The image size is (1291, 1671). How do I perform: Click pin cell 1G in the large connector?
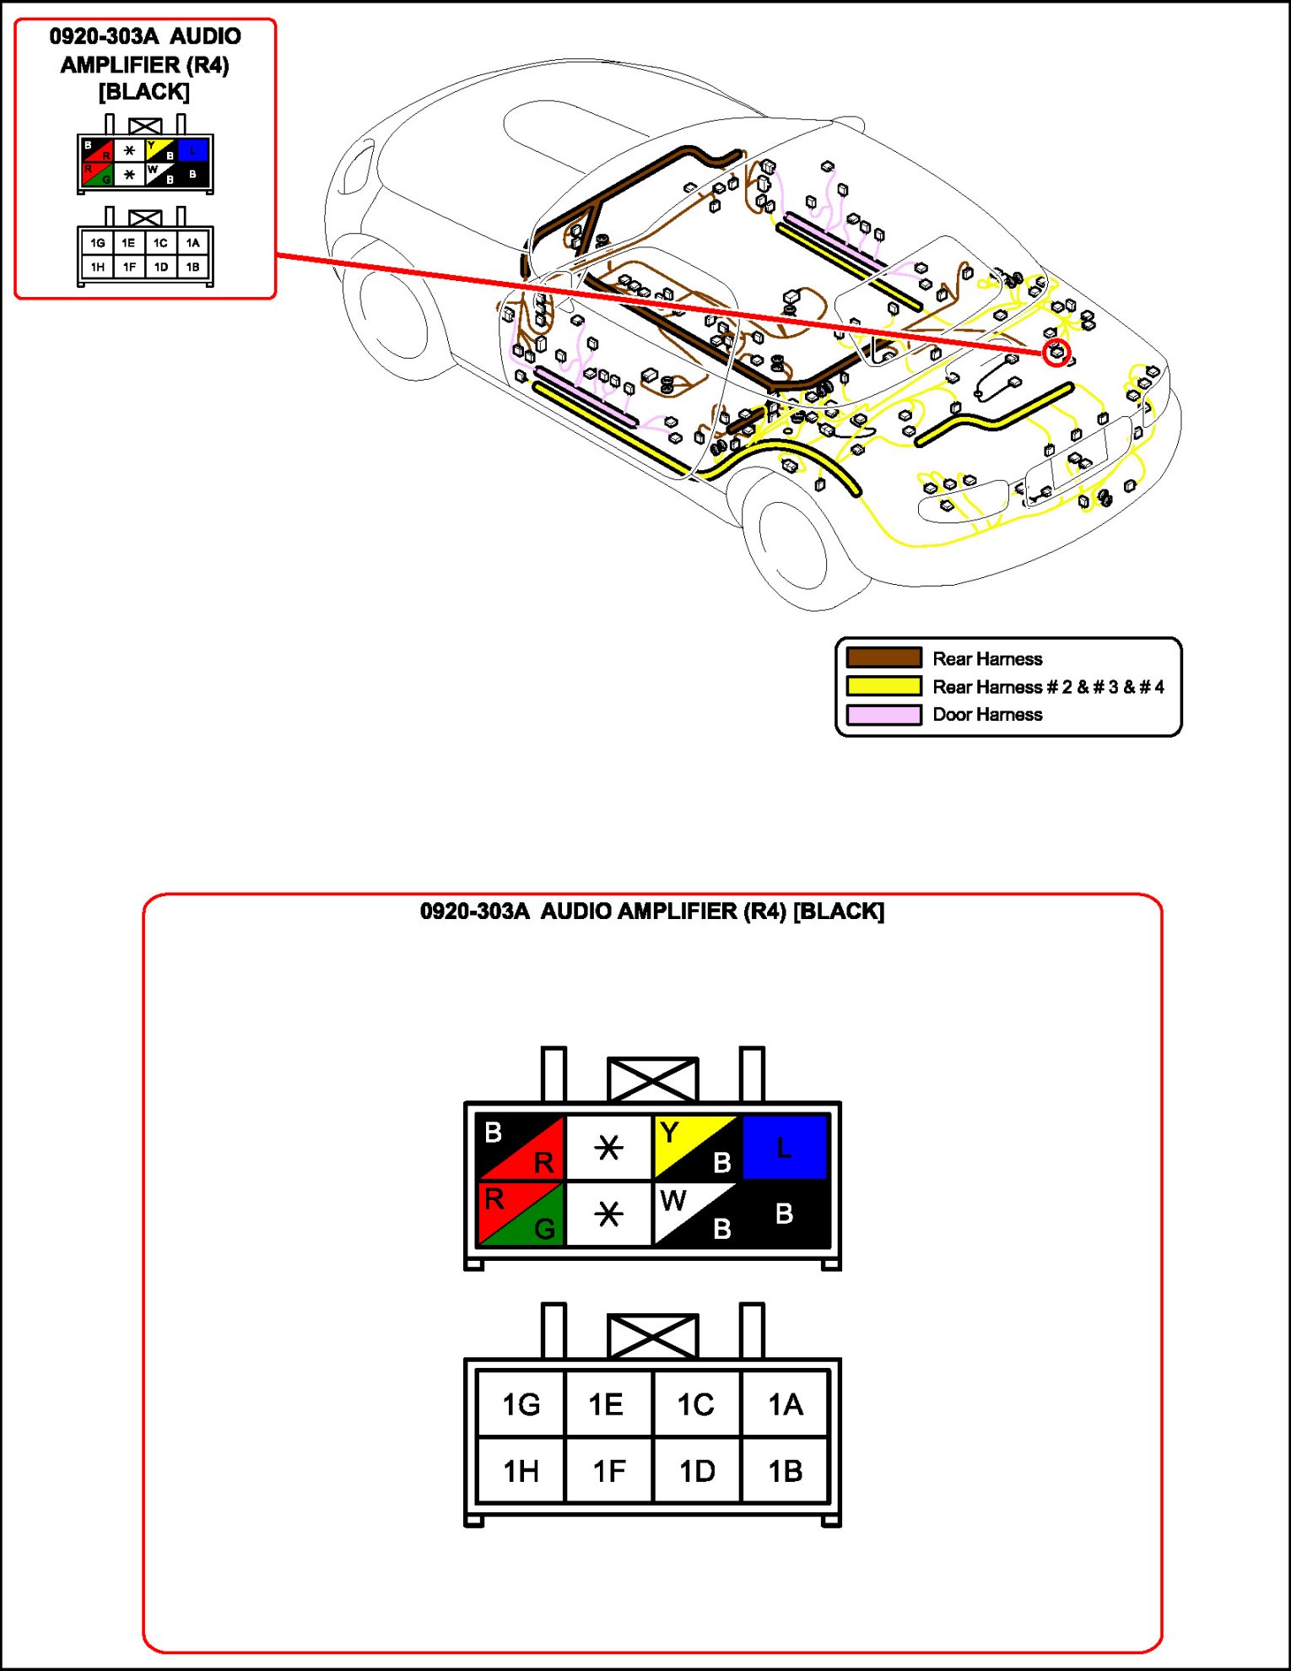point(521,1404)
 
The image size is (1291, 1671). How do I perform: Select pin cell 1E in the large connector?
point(608,1404)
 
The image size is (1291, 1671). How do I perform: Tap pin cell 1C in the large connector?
point(696,1404)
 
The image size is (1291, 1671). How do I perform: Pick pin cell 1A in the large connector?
point(785,1404)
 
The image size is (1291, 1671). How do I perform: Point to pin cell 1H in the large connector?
point(521,1471)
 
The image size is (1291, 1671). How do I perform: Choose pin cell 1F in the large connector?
point(608,1471)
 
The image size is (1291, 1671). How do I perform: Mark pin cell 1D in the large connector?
point(696,1471)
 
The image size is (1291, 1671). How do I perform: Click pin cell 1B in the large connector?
point(785,1471)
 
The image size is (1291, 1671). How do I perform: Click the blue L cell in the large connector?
point(785,1147)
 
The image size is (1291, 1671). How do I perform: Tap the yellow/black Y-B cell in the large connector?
point(696,1147)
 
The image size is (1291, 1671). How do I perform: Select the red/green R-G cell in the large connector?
point(521,1214)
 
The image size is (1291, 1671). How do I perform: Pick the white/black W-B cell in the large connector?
point(696,1214)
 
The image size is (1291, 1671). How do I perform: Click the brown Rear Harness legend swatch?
point(883,658)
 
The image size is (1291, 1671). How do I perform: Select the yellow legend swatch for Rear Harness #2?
point(883,686)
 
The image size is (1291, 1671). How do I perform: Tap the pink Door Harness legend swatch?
point(883,715)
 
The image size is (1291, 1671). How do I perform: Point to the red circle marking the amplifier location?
point(1056,353)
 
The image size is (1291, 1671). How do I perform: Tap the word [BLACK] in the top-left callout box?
point(144,91)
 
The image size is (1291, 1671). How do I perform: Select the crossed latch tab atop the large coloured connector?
point(652,1079)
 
